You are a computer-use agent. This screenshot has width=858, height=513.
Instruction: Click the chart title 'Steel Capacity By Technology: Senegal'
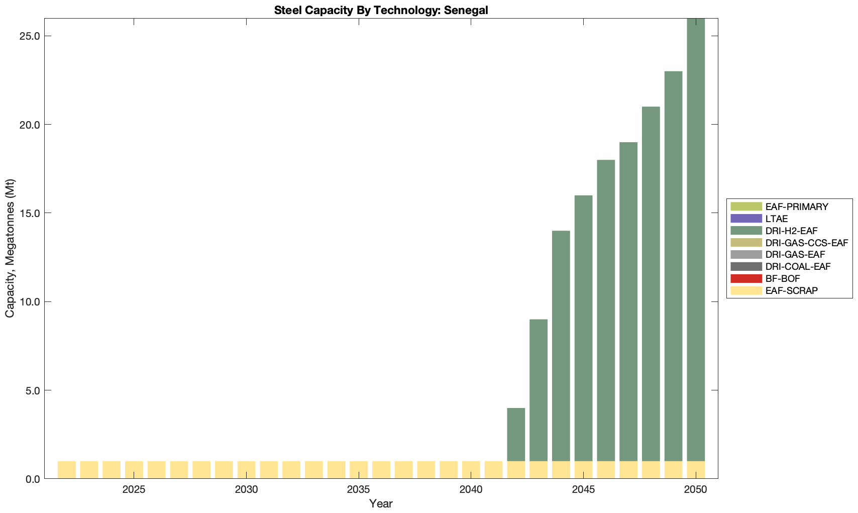pos(381,10)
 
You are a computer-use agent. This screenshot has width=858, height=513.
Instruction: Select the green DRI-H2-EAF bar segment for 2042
pos(516,434)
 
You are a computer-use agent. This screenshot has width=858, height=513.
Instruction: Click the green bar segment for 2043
pos(539,390)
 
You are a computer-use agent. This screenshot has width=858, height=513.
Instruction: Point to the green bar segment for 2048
pos(651,283)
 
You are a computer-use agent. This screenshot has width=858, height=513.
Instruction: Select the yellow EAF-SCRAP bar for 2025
pos(134,470)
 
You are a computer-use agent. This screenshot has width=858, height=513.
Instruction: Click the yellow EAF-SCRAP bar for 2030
pos(246,470)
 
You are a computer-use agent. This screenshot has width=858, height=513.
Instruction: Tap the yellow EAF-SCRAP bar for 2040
pos(471,470)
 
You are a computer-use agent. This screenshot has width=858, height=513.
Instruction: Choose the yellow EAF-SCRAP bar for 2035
pos(359,470)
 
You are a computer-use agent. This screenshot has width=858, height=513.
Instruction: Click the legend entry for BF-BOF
pos(783,278)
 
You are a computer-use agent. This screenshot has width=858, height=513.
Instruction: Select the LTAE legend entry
pos(777,219)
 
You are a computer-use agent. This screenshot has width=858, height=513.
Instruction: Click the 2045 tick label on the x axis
pos(583,490)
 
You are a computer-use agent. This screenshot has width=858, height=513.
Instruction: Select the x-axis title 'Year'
pos(381,503)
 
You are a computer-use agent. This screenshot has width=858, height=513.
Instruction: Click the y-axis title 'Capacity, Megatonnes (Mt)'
pos(10,248)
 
